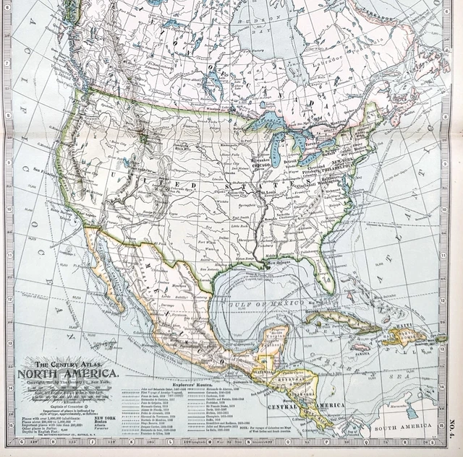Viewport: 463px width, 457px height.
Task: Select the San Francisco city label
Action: [50, 169]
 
